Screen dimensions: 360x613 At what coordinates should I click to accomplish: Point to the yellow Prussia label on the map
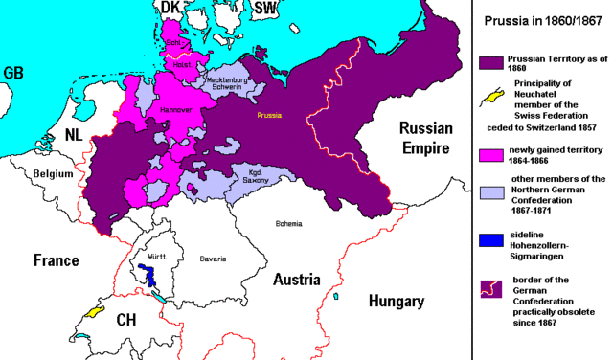pyautogui.click(x=268, y=116)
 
